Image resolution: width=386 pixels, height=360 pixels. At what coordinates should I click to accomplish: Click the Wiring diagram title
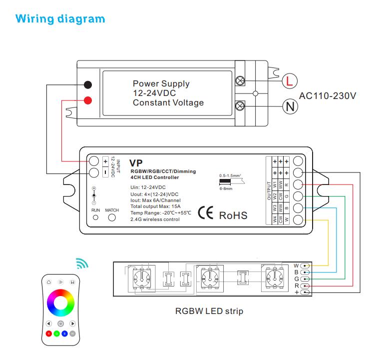[x=60, y=19]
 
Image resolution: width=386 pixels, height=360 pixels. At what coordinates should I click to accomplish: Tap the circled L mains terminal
[x=289, y=80]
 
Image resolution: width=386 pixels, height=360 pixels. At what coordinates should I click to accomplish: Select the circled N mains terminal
[x=289, y=105]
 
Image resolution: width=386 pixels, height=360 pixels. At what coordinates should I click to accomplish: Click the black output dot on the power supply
[x=88, y=84]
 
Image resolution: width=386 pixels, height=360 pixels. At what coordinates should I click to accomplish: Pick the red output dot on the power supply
[x=88, y=100]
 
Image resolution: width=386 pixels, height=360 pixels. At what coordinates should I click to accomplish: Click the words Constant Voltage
[x=168, y=103]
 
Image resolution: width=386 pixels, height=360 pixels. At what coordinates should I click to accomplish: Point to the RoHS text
[x=233, y=215]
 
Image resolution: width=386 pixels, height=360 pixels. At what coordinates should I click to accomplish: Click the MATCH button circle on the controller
[x=112, y=217]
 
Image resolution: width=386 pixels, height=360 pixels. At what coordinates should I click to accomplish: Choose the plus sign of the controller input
[x=105, y=161]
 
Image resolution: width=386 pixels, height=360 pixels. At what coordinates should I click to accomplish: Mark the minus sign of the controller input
[x=105, y=172]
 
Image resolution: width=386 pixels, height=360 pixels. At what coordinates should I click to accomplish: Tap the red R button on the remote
[x=48, y=333]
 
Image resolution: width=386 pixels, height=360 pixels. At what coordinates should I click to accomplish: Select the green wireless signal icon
[x=81, y=262]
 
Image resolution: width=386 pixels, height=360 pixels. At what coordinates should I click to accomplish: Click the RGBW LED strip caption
[x=209, y=311]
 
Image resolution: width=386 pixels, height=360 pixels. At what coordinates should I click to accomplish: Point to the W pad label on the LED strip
[x=296, y=265]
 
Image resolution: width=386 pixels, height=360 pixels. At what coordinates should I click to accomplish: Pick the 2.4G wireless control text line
[x=154, y=219]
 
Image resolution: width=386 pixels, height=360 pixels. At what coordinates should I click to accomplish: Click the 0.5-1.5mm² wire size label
[x=230, y=175]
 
